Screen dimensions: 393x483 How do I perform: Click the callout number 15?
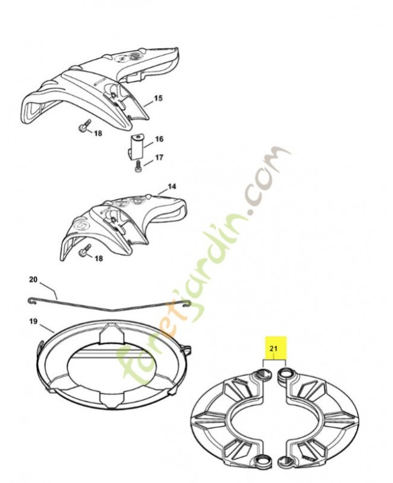point(158,98)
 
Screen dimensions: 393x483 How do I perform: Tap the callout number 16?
point(159,139)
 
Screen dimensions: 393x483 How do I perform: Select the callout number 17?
point(159,158)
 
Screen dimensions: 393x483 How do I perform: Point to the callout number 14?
point(172,187)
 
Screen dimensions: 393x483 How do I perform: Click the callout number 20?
point(33,280)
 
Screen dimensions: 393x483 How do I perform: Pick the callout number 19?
point(33,321)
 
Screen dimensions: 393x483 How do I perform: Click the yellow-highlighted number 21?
point(274,348)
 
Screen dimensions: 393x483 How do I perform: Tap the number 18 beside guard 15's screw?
point(98,133)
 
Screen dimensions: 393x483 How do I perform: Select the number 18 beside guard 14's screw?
point(98,258)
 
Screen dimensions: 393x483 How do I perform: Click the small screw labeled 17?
point(138,167)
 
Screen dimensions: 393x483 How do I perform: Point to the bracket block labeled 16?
point(135,146)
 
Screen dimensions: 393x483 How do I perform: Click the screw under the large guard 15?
point(85,125)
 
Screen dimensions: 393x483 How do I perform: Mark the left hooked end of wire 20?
point(33,301)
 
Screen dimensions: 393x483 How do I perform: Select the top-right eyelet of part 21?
point(286,373)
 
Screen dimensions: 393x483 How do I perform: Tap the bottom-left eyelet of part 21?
point(264,460)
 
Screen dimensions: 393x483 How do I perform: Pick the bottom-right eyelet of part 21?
point(286,461)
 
